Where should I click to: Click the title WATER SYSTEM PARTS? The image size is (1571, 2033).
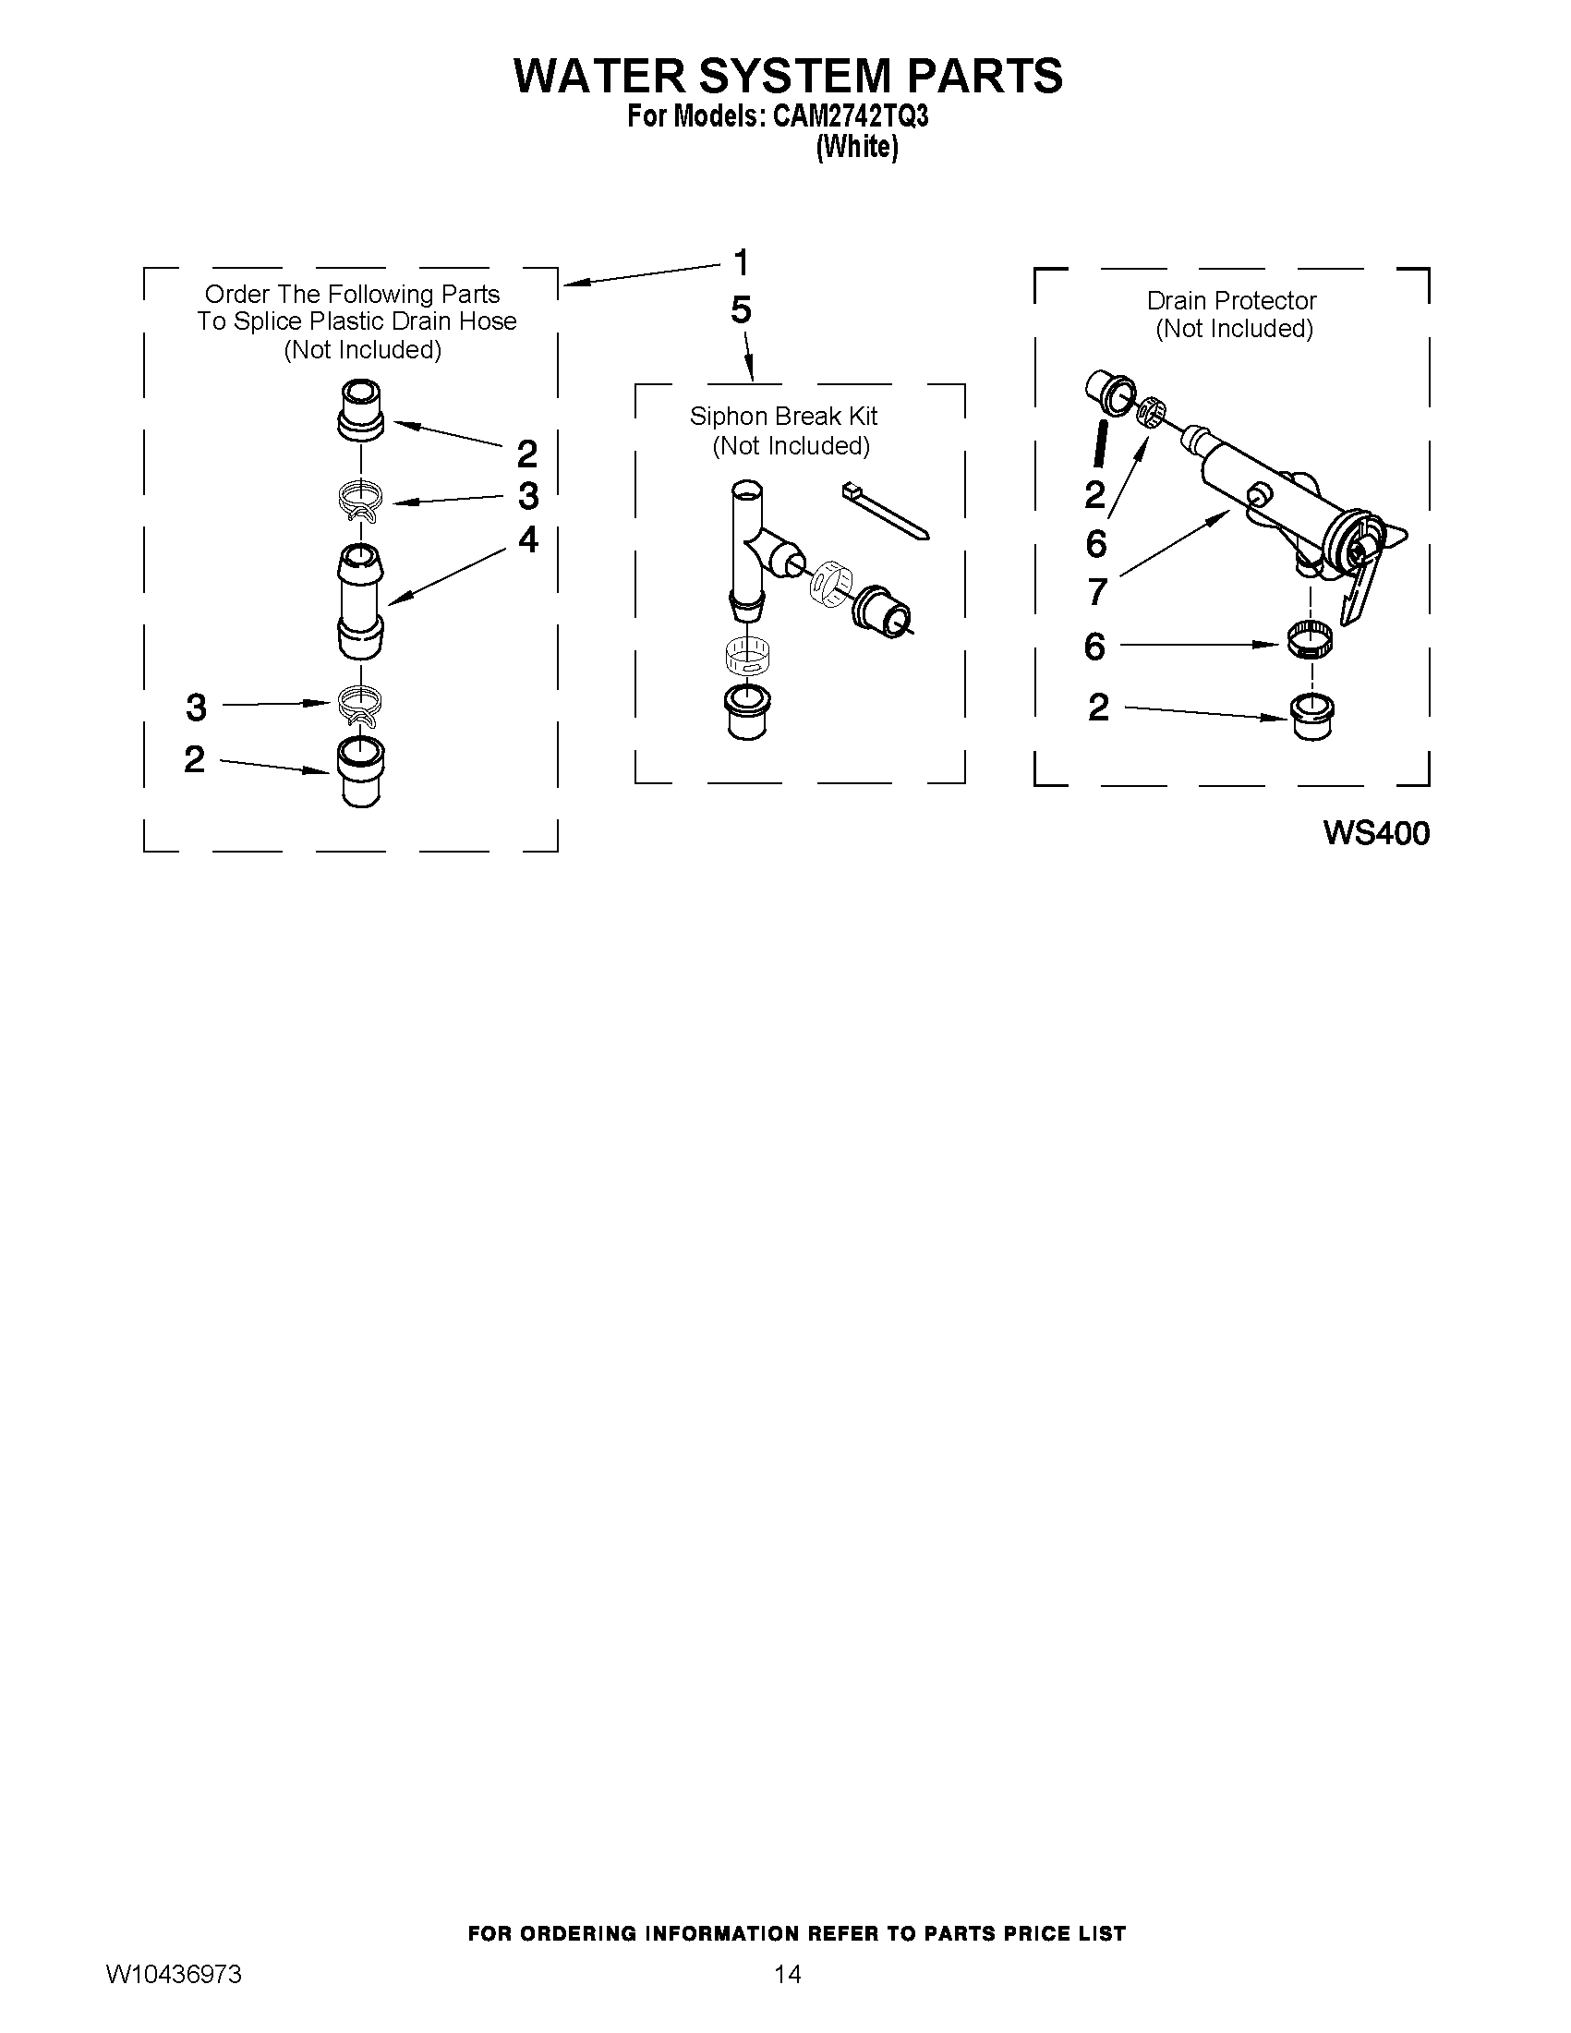tap(788, 76)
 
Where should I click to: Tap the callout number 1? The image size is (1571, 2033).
tap(741, 262)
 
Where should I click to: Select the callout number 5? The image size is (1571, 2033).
tap(741, 310)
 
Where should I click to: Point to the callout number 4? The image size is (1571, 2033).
tap(527, 539)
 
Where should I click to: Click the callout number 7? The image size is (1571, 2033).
tap(1097, 591)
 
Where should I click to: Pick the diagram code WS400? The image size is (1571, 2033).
tap(1375, 833)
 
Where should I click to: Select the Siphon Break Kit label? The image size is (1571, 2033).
tap(782, 416)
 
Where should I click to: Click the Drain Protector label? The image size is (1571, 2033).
tap(1230, 301)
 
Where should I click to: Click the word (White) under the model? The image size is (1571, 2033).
tap(856, 148)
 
